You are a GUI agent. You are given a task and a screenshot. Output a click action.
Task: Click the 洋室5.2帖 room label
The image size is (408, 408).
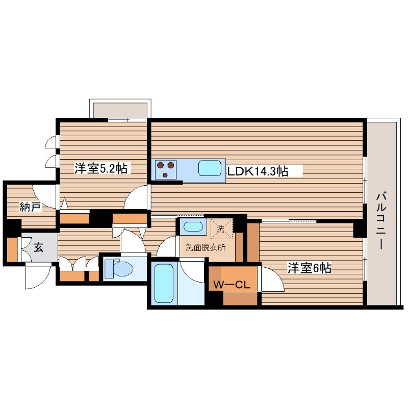[100, 168]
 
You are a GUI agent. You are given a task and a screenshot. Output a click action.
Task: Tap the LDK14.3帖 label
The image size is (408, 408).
[258, 171]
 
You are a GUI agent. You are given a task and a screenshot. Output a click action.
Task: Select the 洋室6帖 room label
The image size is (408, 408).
[309, 268]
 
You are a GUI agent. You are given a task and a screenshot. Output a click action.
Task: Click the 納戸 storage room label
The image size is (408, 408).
[31, 207]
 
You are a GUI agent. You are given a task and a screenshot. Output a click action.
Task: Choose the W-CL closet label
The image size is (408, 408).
[232, 285]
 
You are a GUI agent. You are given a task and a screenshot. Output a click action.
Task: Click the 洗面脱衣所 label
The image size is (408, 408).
[206, 247]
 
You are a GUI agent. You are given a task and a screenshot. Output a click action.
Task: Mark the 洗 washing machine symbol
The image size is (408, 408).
[221, 228]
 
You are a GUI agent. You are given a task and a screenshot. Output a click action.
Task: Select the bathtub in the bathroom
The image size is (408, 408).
[164, 283]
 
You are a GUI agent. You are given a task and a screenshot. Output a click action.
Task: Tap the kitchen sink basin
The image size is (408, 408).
[210, 168]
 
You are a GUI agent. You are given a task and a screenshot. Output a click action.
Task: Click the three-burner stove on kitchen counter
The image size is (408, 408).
[166, 170]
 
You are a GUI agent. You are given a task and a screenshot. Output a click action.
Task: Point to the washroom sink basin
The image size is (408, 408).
[193, 226]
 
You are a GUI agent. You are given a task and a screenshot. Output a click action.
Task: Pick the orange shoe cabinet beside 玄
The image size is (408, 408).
[12, 249]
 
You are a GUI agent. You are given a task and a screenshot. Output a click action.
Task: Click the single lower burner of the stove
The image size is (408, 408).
[165, 175]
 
